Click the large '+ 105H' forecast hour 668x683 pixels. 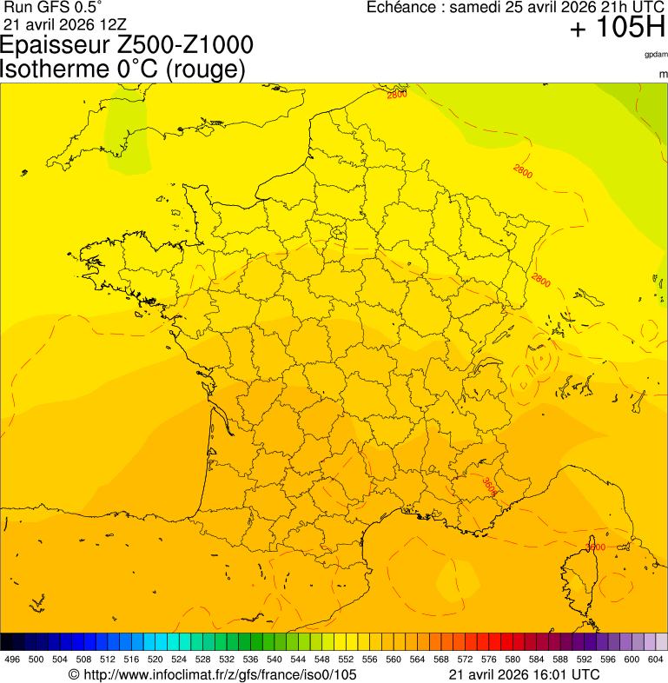point(618,29)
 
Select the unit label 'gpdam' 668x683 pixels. point(656,54)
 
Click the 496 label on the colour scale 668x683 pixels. point(12,660)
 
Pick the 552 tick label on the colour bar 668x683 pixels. point(346,660)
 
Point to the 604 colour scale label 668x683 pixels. point(656,660)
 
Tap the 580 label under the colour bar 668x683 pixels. point(513,660)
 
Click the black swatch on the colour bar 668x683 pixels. point(7,642)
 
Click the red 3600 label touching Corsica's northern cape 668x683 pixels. point(595,547)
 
